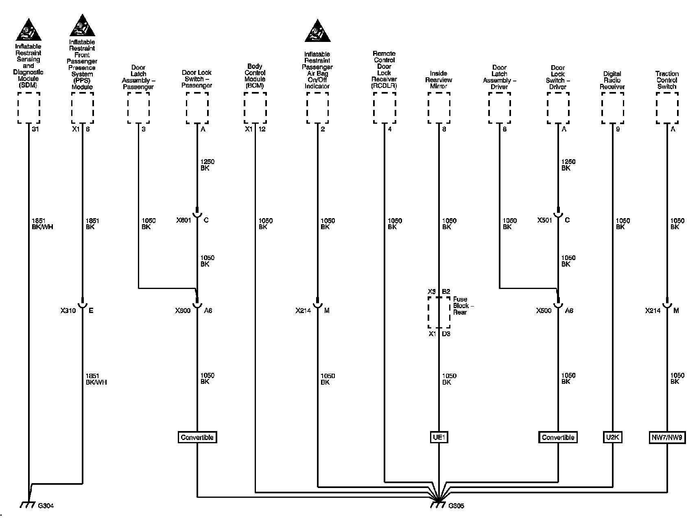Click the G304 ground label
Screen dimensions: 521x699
point(46,506)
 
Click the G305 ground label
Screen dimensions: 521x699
point(456,506)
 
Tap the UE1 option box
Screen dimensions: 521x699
point(439,438)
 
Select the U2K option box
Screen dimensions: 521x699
point(612,438)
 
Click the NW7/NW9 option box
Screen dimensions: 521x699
point(667,438)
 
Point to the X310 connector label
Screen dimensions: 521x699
point(68,311)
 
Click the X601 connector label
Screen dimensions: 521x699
point(183,220)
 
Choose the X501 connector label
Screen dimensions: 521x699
point(545,220)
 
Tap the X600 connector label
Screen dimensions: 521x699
point(183,311)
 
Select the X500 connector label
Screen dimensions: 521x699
point(544,311)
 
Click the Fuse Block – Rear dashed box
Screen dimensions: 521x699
point(439,312)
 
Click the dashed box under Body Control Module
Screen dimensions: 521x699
point(255,107)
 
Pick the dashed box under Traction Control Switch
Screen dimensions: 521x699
point(667,107)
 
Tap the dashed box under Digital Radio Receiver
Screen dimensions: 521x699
point(612,107)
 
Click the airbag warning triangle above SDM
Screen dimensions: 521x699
point(28,30)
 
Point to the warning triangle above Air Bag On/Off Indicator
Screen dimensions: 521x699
point(317,31)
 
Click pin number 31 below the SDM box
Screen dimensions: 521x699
point(35,129)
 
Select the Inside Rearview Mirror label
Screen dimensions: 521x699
point(439,80)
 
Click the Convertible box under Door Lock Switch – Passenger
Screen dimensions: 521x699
point(197,438)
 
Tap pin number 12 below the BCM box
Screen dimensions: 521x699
point(262,129)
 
